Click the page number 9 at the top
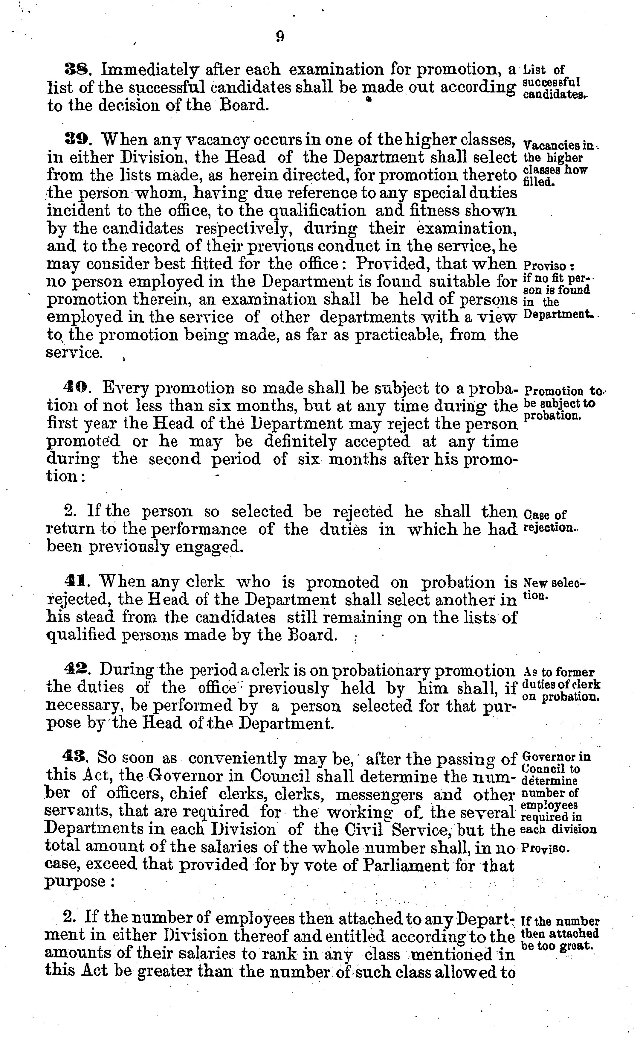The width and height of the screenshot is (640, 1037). pyautogui.click(x=279, y=37)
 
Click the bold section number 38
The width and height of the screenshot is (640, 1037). pyautogui.click(x=75, y=69)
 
